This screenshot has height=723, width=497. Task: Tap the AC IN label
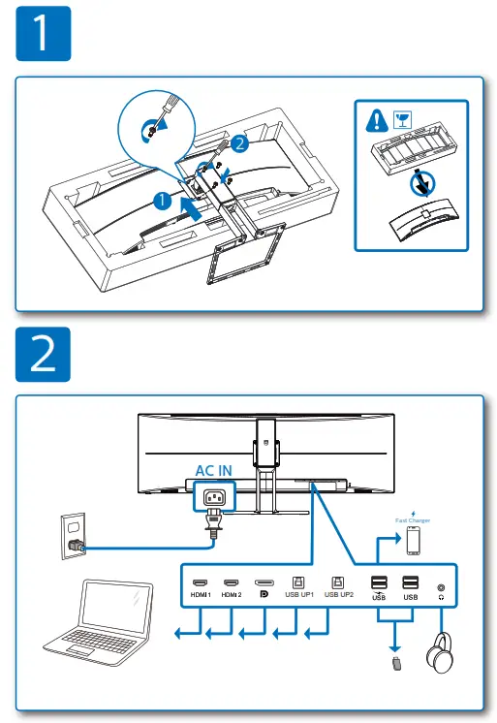(x=214, y=470)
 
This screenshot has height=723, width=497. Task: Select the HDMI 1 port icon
(x=201, y=583)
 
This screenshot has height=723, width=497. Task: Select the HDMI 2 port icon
(x=232, y=583)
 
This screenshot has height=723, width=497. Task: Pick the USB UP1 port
(x=298, y=583)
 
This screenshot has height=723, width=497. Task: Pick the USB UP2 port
(x=338, y=583)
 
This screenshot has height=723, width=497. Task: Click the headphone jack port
(x=442, y=586)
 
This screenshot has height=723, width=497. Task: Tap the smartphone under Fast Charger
(x=414, y=541)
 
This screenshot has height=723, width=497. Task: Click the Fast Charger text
(x=413, y=520)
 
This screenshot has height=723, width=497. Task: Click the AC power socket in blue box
(x=214, y=498)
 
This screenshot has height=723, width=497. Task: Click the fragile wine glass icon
(x=400, y=121)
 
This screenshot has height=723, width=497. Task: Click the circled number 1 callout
(x=164, y=201)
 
